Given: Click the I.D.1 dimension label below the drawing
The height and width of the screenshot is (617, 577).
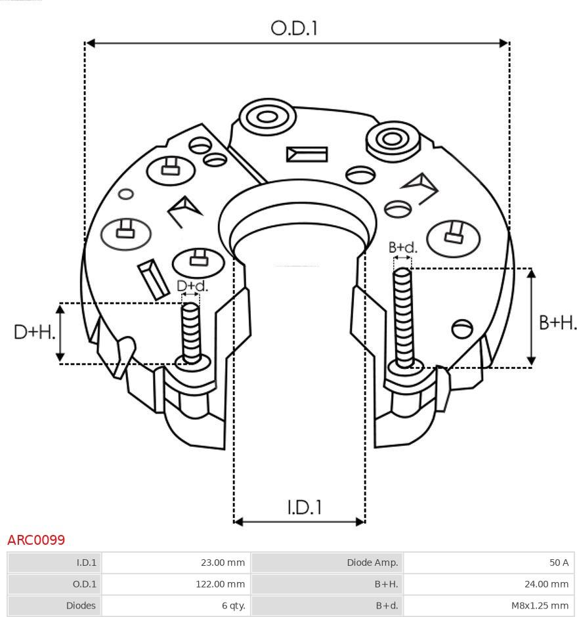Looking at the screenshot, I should (x=304, y=507).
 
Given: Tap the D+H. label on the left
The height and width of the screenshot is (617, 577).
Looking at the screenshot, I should (x=34, y=332).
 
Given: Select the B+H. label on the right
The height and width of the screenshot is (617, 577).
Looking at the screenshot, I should (x=557, y=322).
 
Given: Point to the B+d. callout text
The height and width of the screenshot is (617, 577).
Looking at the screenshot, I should (x=402, y=247).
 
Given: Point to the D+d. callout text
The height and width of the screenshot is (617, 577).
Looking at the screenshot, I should (x=192, y=286).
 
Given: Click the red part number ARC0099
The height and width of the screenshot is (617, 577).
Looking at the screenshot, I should (x=36, y=540).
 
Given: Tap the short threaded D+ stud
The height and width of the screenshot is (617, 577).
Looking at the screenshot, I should (x=191, y=331).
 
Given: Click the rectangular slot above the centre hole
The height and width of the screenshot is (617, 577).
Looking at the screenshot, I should (x=307, y=154).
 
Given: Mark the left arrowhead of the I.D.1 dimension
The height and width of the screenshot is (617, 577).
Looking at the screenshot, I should (x=238, y=522).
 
